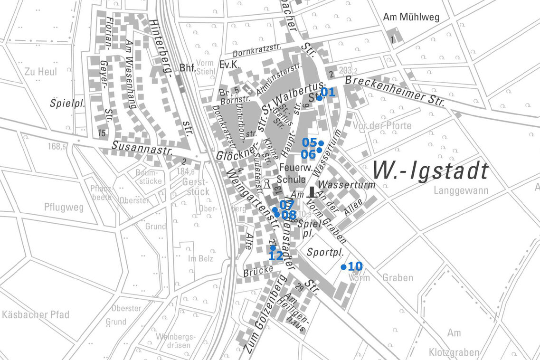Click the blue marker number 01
coord(320,98)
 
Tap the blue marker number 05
coord(321,143)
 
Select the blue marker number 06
coord(319,150)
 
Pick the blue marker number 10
coord(343,267)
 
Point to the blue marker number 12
coord(273,247)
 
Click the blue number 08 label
coord(289,215)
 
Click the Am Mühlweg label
coord(411,18)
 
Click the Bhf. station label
coord(187,67)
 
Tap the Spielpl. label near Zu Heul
coord(67,103)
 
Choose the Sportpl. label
coord(325,252)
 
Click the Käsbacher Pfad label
coord(36,314)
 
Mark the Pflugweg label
coord(64,207)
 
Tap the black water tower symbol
coord(312,191)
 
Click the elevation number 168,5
coord(57,147)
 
